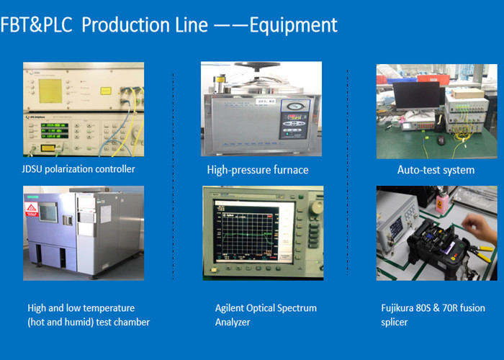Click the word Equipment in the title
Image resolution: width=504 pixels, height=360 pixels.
(294, 26)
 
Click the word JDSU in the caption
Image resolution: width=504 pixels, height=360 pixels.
(32, 169)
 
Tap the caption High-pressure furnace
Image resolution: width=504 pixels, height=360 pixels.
(258, 170)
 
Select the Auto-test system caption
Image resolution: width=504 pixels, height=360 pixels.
(436, 170)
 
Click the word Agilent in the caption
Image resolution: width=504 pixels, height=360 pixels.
(229, 308)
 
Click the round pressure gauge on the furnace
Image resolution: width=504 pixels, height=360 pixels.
(294, 107)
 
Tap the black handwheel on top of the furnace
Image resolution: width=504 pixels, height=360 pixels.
(257, 66)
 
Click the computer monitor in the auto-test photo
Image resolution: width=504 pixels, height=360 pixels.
(417, 96)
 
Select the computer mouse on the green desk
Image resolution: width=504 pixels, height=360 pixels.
(441, 140)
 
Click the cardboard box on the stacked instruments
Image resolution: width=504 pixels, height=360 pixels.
(468, 93)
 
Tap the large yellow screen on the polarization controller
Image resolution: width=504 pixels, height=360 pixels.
(50, 91)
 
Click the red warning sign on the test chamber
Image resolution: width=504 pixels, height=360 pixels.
(32, 209)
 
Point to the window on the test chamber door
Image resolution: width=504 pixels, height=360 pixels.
(48, 212)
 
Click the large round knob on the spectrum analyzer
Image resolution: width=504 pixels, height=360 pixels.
(316, 207)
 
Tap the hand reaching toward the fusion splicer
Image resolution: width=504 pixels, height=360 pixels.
(479, 228)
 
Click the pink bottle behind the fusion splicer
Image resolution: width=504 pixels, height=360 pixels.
(440, 203)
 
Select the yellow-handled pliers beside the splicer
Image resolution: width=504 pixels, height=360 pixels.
(480, 253)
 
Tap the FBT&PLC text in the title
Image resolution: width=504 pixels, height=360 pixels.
(36, 25)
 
